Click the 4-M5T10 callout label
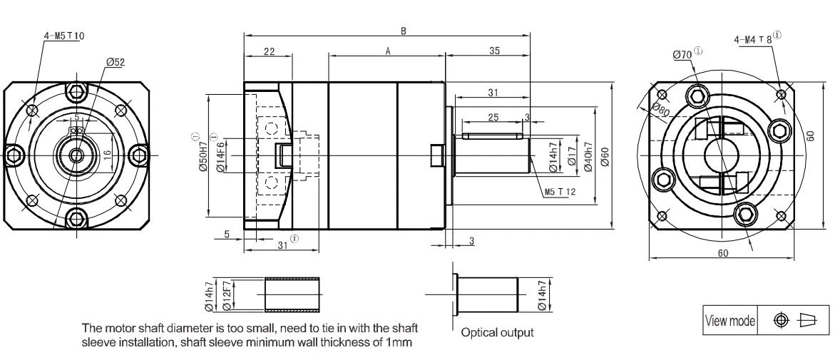click(63, 36)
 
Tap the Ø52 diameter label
click(116, 63)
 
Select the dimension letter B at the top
click(404, 31)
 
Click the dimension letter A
click(387, 51)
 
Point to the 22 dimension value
click(269, 51)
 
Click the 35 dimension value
click(494, 51)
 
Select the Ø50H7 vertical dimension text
click(203, 157)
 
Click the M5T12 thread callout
click(559, 191)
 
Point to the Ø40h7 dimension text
click(588, 156)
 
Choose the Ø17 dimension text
click(572, 156)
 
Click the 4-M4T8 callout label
click(753, 39)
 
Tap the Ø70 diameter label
click(682, 55)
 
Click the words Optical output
click(497, 333)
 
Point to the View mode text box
click(730, 320)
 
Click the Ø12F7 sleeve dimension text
click(225, 295)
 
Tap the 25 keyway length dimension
click(493, 118)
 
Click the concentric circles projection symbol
click(782, 320)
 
